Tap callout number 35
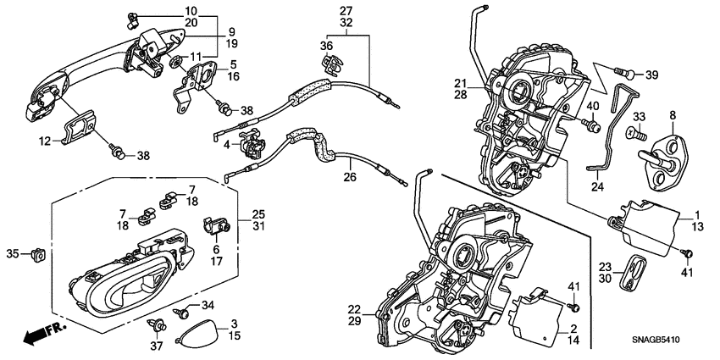click(x=12, y=253)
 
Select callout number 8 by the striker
click(x=673, y=115)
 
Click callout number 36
click(x=327, y=45)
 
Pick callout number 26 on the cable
click(x=350, y=177)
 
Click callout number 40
click(x=593, y=107)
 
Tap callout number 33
click(x=639, y=115)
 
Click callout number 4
click(x=227, y=145)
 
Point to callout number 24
click(x=596, y=189)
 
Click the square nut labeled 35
click(x=36, y=253)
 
